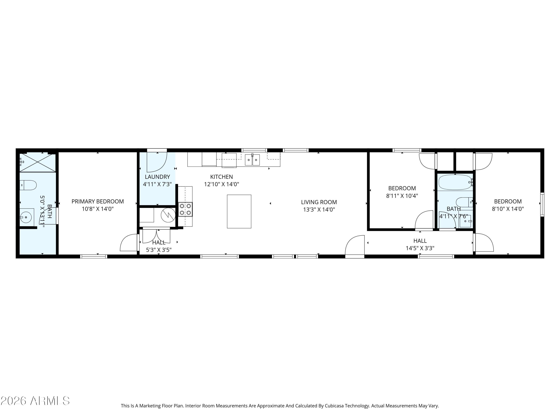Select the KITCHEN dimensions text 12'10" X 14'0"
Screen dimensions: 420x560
point(222,184)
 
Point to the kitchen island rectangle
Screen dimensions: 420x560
point(239,211)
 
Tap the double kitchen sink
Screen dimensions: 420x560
point(252,160)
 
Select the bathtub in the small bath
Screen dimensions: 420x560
point(455,182)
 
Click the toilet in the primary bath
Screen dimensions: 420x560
point(28,185)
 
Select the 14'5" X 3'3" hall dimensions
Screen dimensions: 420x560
point(420,248)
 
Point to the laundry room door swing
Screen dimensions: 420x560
point(156,162)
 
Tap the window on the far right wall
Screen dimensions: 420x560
point(542,205)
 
